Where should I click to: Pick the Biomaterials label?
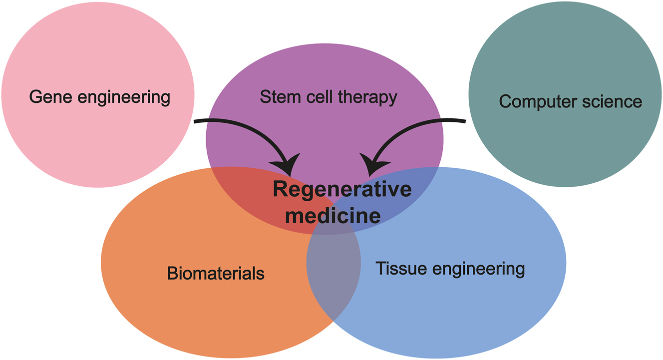pyautogui.click(x=216, y=274)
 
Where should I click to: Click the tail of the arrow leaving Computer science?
pyautogui.click(x=463, y=120)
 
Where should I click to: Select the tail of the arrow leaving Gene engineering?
pyautogui.click(x=196, y=120)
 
